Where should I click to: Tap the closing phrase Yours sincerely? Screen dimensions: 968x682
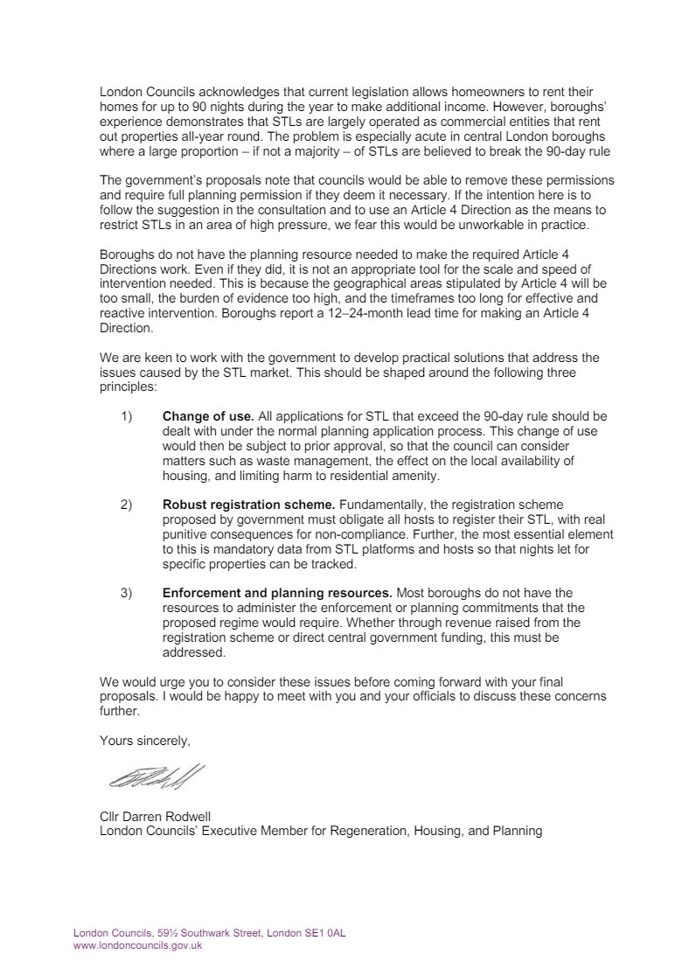pos(144,741)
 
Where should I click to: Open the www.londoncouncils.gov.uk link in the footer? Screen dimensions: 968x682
pos(137,945)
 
